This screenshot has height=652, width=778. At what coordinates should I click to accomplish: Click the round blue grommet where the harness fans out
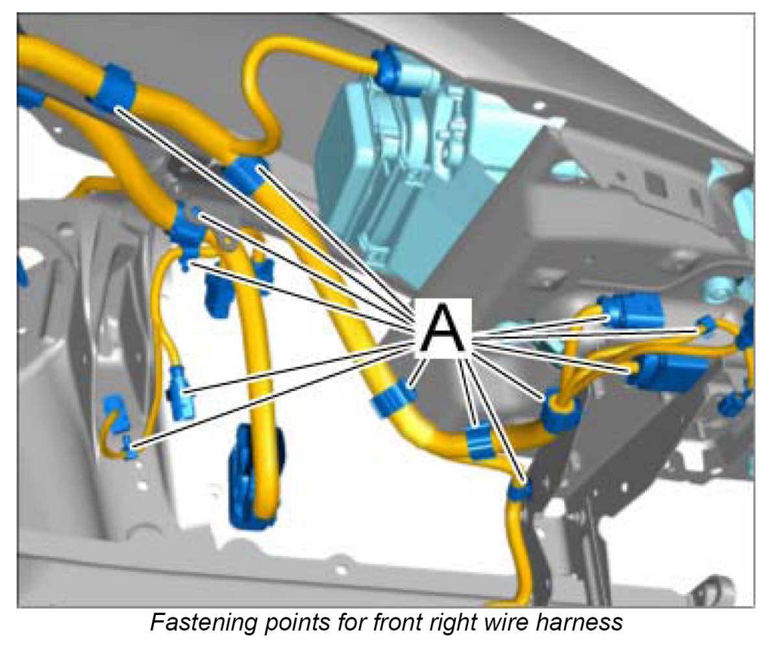pyautogui.click(x=557, y=411)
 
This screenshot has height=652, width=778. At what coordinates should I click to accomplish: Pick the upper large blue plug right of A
pyautogui.click(x=630, y=313)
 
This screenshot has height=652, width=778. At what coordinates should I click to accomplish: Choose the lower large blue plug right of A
pyautogui.click(x=666, y=373)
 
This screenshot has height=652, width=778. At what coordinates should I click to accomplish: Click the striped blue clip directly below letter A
pyautogui.click(x=479, y=442)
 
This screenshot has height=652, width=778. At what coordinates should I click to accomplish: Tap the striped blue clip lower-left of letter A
pyautogui.click(x=394, y=401)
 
